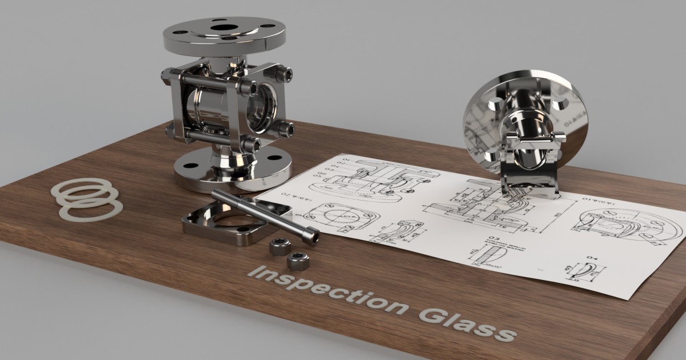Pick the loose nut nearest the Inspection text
[297, 261]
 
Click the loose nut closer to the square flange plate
[280, 246]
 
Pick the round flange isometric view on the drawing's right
[629, 223]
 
